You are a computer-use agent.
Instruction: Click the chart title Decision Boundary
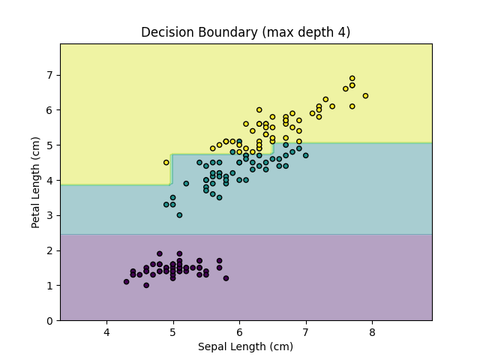(246, 32)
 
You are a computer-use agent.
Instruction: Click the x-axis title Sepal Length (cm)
(246, 346)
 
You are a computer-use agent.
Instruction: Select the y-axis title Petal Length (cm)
(35, 182)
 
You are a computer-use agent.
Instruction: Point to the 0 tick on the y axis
(49, 321)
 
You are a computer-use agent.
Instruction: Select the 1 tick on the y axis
(49, 286)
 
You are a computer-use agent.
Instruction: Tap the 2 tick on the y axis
(49, 250)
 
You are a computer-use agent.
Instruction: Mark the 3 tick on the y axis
(49, 215)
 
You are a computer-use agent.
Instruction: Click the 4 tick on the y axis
(49, 180)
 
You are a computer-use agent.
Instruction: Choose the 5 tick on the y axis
(49, 145)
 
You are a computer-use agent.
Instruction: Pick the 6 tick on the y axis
(49, 109)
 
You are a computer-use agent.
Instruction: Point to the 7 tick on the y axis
(49, 75)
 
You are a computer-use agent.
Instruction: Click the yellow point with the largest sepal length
(365, 96)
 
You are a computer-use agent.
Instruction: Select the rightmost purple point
(226, 278)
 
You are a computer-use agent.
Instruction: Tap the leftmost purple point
(126, 282)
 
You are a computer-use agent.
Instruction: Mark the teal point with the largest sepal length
(305, 155)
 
